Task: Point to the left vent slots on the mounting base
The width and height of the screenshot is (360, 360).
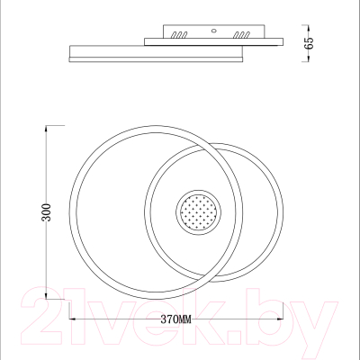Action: tap(178, 34)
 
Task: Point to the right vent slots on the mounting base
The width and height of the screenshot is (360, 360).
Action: tap(240, 34)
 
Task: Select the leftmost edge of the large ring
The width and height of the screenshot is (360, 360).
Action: tap(69, 213)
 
